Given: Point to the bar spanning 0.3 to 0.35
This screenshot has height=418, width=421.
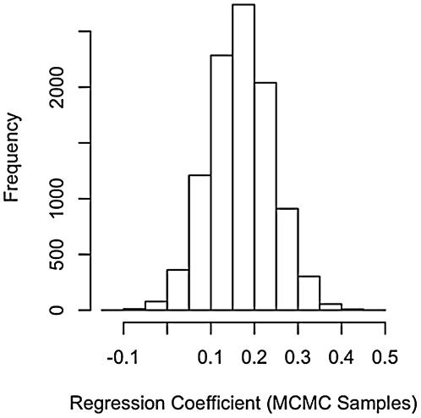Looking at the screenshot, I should coord(309,293).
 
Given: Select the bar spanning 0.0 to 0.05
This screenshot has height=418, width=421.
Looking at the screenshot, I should coord(178,289).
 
